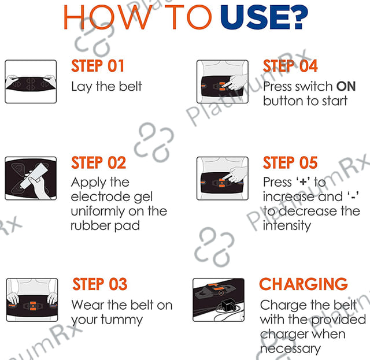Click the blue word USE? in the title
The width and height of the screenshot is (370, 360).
click(264, 18)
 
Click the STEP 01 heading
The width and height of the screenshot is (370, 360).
click(98, 66)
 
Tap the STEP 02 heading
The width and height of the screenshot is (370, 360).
click(98, 162)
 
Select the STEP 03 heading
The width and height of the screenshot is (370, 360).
click(100, 284)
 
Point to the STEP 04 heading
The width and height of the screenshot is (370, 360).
click(290, 66)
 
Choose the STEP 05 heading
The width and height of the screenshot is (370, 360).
click(290, 162)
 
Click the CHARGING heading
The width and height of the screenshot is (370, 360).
click(304, 284)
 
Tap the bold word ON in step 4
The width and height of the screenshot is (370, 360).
click(346, 86)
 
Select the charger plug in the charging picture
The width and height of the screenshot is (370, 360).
click(227, 305)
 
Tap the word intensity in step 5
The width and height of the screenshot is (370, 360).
click(287, 226)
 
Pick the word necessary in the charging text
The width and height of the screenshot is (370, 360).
click(290, 349)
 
